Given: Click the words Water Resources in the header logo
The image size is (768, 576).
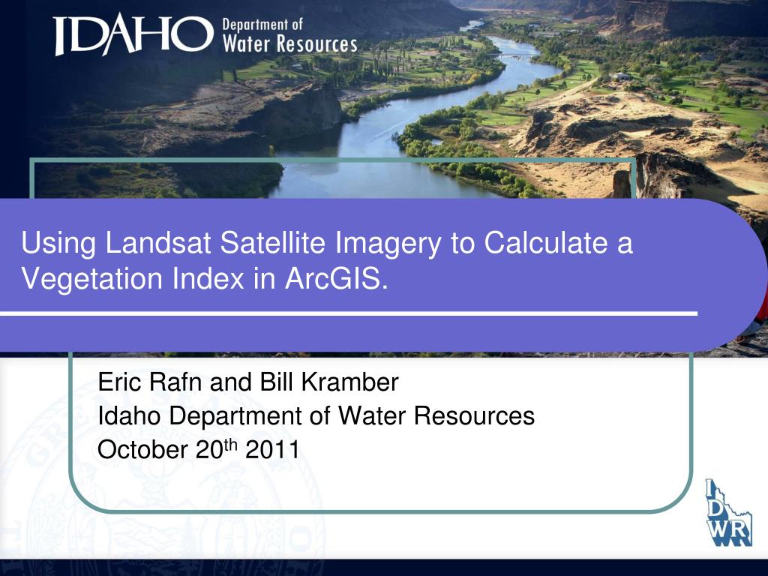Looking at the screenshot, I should pos(289,44).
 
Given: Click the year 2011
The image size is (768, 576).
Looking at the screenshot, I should pos(273,450).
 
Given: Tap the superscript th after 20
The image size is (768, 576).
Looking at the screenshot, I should pos(231,445).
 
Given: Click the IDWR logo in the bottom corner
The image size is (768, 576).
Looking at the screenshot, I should pos(727,513).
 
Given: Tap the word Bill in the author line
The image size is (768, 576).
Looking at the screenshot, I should pos(277,383).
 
